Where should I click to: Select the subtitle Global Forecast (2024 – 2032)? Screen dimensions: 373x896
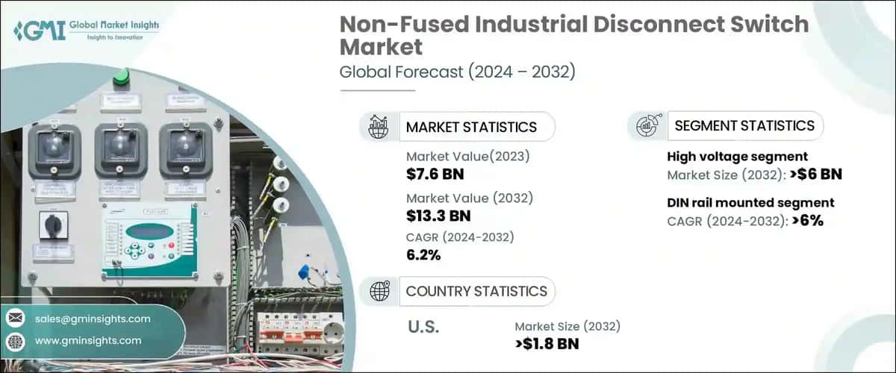click(x=458, y=72)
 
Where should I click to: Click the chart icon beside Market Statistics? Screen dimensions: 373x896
click(x=379, y=127)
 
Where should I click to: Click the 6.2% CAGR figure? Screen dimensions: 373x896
click(x=423, y=256)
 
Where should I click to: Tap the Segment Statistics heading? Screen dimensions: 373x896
click(x=744, y=126)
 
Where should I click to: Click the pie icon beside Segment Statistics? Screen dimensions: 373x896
click(x=647, y=126)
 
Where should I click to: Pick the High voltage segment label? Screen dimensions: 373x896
click(x=737, y=157)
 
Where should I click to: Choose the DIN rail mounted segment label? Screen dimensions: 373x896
click(x=750, y=203)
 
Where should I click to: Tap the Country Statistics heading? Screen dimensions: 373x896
click(x=476, y=291)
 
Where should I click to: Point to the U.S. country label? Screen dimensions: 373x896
click(x=423, y=327)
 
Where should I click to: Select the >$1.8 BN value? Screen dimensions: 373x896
click(x=547, y=344)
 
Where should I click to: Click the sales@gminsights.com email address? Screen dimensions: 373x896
click(x=93, y=319)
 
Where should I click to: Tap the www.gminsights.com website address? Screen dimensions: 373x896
click(x=87, y=340)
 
